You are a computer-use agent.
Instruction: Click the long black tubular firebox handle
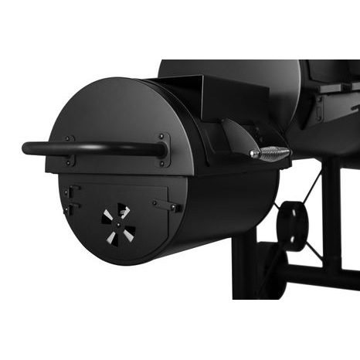(x=93, y=147)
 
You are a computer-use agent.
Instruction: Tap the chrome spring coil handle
(x=270, y=153)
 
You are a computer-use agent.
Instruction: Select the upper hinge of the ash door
(x=72, y=191)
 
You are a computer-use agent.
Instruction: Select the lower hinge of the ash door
(x=70, y=209)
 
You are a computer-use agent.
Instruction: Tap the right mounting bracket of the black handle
(x=164, y=148)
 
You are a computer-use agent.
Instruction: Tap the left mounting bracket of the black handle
(x=70, y=150)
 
